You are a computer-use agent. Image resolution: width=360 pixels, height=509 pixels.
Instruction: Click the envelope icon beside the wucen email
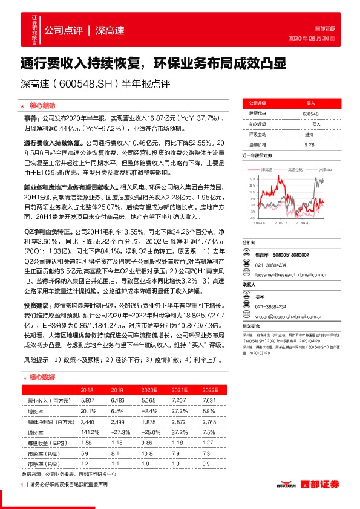pyautogui.click(x=246, y=315)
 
